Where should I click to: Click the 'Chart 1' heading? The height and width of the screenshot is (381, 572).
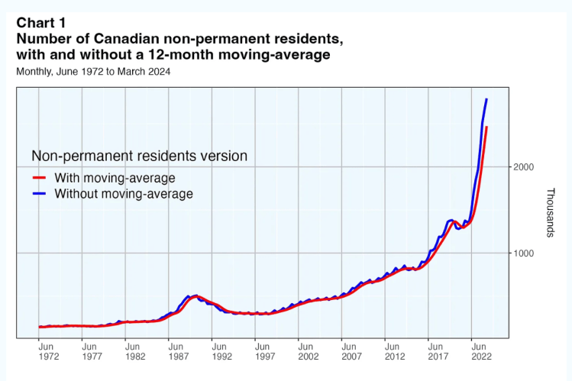coord(41,21)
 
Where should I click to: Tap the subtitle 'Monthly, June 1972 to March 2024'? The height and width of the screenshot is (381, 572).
coord(93,71)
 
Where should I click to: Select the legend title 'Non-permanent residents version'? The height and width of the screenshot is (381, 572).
coord(139,156)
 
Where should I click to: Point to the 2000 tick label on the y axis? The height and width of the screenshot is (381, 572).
coord(522,167)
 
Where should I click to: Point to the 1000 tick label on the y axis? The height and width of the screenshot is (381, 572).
coord(522,253)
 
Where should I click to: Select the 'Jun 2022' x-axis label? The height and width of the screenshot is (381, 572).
coord(480,350)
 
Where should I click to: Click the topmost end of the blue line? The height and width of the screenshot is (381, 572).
coord(487,99)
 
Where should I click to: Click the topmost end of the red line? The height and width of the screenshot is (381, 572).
coord(487,127)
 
